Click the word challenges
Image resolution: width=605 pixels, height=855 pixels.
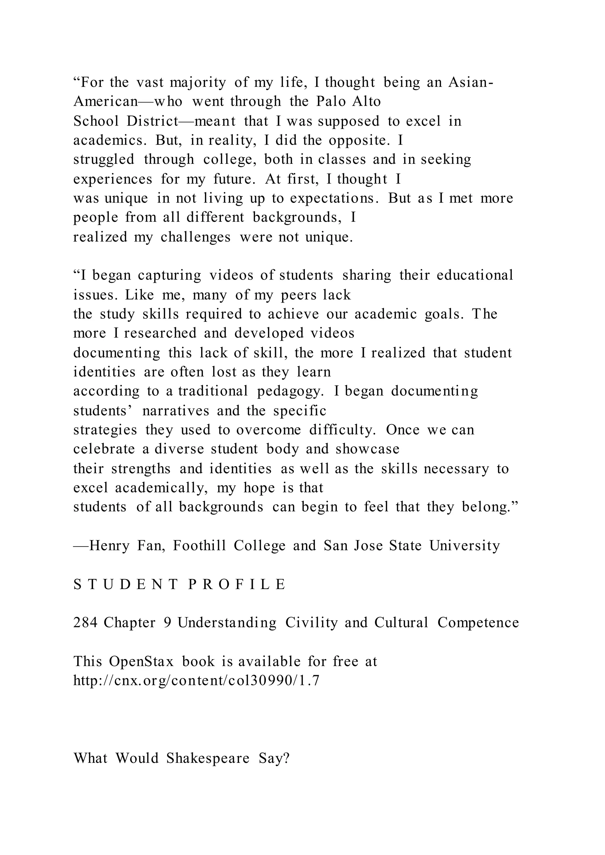pyautogui.click(x=196, y=237)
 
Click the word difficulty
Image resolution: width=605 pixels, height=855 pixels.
pyautogui.click(x=343, y=430)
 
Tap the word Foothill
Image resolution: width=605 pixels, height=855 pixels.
pyautogui.click(x=199, y=546)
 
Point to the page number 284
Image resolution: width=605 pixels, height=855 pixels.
pyautogui.click(x=85, y=623)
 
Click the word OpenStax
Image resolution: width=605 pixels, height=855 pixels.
pyautogui.click(x=141, y=662)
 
